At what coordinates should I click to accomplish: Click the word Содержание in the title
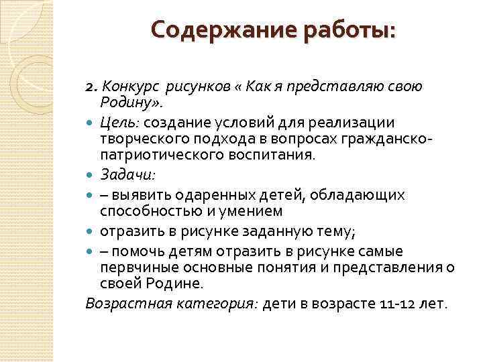click(213, 31)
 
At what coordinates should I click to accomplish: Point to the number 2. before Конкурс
click(92, 88)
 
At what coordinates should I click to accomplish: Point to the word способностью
click(148, 211)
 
